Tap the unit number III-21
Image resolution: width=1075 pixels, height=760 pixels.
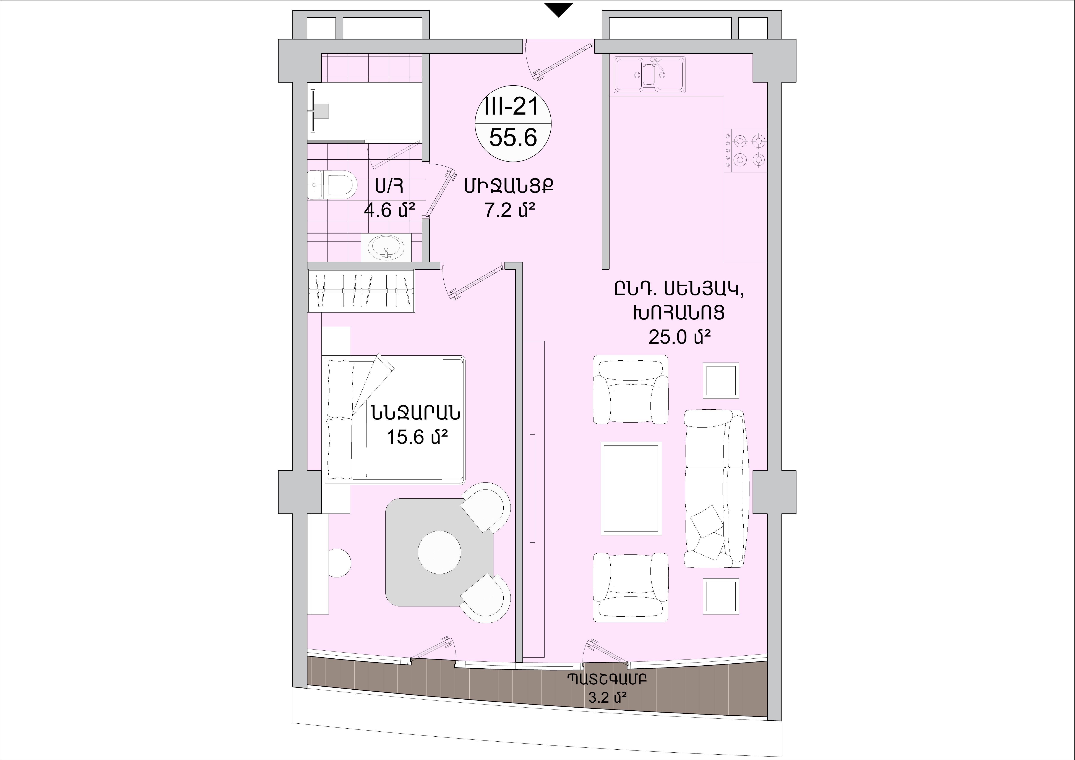[x=513, y=108]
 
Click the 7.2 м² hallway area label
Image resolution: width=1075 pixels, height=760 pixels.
[x=509, y=211]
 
